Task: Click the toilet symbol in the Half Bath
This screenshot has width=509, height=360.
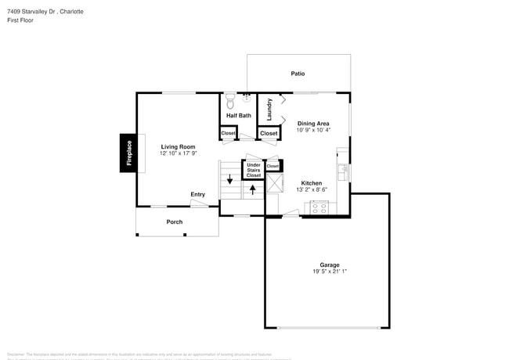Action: [x=230, y=101]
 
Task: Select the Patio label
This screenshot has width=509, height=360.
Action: [x=298, y=74]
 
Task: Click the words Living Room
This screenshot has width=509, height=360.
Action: [x=178, y=146]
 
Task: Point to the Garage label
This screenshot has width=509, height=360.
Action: [x=329, y=265]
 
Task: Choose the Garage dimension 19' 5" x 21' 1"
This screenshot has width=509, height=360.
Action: [x=329, y=272]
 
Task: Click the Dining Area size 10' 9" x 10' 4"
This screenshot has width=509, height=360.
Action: [x=312, y=130]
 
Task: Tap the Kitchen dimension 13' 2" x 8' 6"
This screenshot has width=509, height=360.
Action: [x=312, y=189]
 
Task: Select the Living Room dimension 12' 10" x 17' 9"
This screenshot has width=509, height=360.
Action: [x=178, y=153]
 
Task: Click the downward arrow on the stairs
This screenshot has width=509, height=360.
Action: [x=229, y=180]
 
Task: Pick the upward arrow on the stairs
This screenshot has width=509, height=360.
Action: [x=252, y=189]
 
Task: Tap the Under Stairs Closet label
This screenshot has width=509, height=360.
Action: [x=254, y=170]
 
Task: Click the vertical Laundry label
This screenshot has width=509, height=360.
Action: [x=269, y=109]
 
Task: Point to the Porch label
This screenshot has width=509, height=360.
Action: [x=175, y=221]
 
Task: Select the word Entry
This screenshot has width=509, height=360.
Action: [x=197, y=194]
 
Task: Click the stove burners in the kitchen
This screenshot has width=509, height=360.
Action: [x=319, y=207]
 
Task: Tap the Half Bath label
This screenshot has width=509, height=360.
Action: [x=239, y=116]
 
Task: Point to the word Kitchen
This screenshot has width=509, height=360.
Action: [x=312, y=183]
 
